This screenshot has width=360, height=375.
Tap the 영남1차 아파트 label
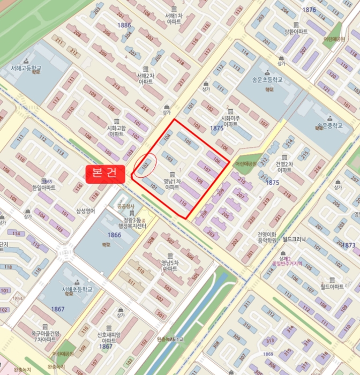tap(171, 184)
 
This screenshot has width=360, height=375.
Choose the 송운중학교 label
tap(329, 126)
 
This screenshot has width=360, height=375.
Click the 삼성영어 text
tap(85, 211)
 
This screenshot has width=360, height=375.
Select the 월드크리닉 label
tap(294, 241)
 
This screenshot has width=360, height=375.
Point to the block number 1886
tap(124, 25)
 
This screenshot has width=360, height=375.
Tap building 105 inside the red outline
tap(187, 142)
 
